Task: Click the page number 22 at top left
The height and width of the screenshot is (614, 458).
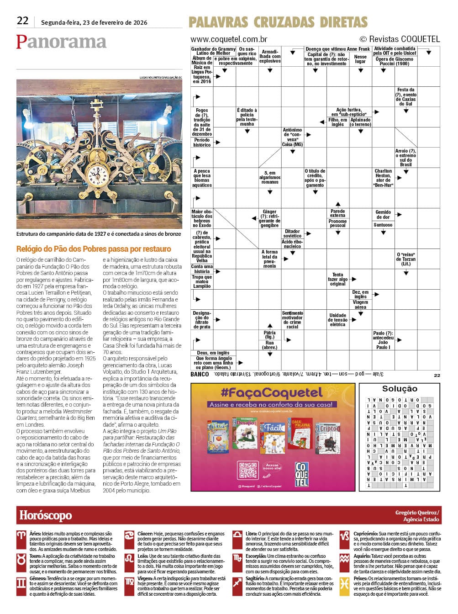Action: click(22, 21)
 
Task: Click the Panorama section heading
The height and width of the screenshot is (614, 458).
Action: click(61, 42)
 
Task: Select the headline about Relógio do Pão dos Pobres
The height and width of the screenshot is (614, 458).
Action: click(94, 249)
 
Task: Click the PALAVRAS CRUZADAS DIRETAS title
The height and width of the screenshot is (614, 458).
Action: click(278, 22)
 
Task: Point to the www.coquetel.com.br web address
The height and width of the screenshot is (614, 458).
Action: click(229, 39)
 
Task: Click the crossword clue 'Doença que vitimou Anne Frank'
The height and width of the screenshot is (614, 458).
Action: click(337, 49)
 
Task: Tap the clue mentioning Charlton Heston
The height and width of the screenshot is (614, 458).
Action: click(383, 178)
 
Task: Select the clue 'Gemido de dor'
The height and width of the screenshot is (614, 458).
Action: click(383, 214)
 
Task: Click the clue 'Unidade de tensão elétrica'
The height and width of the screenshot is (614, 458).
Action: click(338, 320)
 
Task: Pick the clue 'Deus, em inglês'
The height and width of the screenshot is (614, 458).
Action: click(213, 353)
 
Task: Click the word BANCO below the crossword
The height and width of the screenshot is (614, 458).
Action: click(200, 374)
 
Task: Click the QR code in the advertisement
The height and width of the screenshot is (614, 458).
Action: click(248, 470)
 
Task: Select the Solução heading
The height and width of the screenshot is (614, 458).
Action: click(400, 389)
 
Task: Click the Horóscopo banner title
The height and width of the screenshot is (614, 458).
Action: click(46, 515)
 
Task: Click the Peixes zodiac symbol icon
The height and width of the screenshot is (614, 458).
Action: click(345, 583)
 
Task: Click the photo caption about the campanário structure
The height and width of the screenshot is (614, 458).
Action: click(99, 234)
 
